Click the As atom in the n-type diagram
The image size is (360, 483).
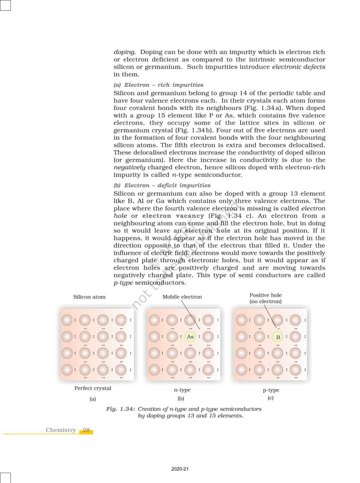pos(190,337)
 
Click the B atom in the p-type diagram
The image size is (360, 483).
pos(278,337)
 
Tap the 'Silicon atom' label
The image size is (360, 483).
pos(90,297)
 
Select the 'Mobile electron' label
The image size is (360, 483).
pos(182,297)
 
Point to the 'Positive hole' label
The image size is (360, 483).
pos(265,295)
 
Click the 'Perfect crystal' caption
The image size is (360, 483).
pos(93,388)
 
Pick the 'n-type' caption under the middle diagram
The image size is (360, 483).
pos(182,390)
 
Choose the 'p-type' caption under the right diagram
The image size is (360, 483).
pos(271,390)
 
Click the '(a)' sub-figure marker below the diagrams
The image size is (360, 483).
pos(93,399)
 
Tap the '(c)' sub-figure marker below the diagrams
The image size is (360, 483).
pos(270,398)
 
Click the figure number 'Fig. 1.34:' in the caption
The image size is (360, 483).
pos(121,409)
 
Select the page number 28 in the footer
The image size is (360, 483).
pos(86,430)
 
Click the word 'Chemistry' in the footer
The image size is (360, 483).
pos(61,430)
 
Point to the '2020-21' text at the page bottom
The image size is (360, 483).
pos(180,469)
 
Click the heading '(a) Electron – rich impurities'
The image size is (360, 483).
pos(159,85)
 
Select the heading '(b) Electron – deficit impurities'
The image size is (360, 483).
pos(162,185)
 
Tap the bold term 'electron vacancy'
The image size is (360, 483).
pos(173,216)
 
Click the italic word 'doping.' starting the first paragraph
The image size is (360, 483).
pos(124,52)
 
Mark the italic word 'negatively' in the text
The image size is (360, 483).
pos(130,167)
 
